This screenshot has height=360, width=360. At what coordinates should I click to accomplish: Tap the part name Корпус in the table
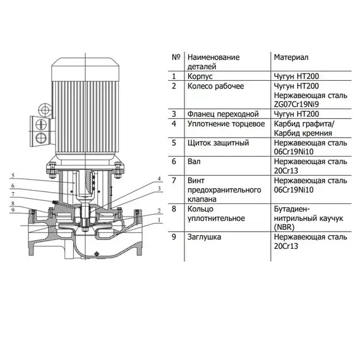pos(202,76)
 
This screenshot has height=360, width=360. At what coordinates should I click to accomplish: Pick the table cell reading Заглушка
pos(207,239)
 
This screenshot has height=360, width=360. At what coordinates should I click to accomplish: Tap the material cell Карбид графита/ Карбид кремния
pos(303,128)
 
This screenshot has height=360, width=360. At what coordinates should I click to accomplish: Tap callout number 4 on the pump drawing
pos(160,179)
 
